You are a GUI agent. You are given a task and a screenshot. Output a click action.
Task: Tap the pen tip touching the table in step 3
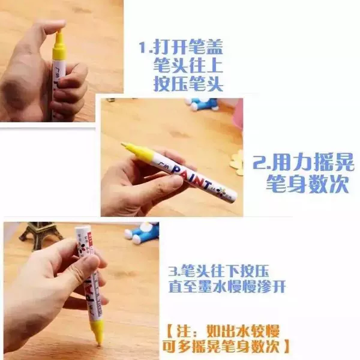pos(100,344)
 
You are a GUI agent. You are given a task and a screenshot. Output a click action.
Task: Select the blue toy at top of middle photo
pos(202,104)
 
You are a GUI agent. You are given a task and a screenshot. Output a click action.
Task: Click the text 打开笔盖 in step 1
pos(188,47)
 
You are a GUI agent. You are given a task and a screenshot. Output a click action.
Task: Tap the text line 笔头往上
pos(188,65)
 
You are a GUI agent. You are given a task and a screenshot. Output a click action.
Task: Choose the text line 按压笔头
pos(188,83)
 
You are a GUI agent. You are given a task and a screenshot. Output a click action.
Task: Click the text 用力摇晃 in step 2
pos(313,163)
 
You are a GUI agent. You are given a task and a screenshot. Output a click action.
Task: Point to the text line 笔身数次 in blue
pos(308,183)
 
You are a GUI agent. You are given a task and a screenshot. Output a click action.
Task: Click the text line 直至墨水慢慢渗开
pos(227,286)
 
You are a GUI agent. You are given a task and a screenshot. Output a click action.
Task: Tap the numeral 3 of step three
pos(173,272)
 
